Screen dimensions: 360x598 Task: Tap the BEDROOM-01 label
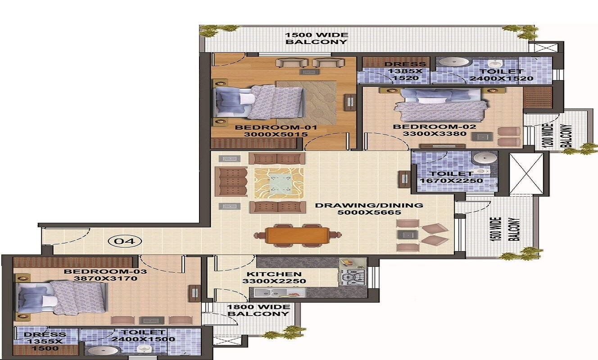269,127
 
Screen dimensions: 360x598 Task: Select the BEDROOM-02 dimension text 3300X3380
434,134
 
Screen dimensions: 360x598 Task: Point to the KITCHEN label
274,274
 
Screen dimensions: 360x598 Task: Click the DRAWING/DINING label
369,205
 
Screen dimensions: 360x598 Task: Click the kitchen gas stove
353,277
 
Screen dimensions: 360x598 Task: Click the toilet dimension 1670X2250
451,181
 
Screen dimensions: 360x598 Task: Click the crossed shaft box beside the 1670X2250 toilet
526,174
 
